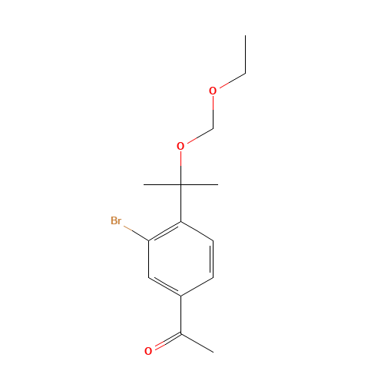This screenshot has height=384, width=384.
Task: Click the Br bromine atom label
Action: pyautogui.click(x=116, y=221)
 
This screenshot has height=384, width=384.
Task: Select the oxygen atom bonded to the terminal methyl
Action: pyautogui.click(x=213, y=91)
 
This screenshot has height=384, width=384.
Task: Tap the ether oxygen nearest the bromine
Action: pyautogui.click(x=180, y=146)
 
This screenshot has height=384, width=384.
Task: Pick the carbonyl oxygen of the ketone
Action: pyautogui.click(x=148, y=351)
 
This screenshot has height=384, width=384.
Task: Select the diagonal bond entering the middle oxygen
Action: pyautogui.click(x=197, y=137)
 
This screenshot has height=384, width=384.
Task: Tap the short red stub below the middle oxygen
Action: pyautogui.click(x=180, y=158)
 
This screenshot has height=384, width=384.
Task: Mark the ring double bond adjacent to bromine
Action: pyautogui.click(x=164, y=231)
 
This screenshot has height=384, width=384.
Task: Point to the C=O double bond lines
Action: pyautogui.click(x=164, y=343)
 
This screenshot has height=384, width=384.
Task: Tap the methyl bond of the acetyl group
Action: pyautogui.click(x=197, y=343)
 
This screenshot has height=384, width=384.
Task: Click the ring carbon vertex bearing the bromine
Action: pyautogui.click(x=148, y=240)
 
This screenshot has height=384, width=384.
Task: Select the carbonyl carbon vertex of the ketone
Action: pyautogui.click(x=180, y=333)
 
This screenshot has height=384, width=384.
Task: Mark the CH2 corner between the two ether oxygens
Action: pyautogui.click(x=213, y=128)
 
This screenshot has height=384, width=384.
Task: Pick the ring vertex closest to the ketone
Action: pyautogui.click(x=180, y=295)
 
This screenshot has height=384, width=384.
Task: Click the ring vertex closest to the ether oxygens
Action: pyautogui.click(x=180, y=222)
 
